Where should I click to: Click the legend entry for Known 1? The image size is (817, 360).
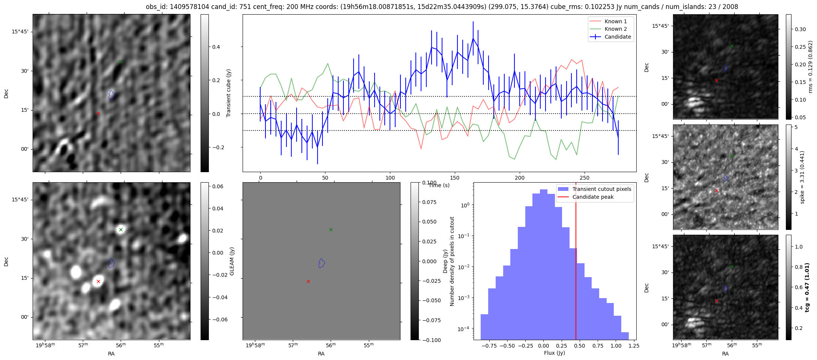[x=615, y=21]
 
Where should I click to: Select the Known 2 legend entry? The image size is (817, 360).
[x=615, y=29]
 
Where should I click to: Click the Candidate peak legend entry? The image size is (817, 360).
[x=593, y=197]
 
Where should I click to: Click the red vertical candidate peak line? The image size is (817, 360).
[x=576, y=262]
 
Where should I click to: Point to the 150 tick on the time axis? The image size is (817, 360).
[x=455, y=177]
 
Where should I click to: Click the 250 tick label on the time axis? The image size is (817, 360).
[x=585, y=177]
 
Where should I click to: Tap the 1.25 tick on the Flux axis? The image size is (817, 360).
[x=633, y=346]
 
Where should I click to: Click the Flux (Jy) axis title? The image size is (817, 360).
[x=554, y=353]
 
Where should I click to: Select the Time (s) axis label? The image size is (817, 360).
[x=439, y=185]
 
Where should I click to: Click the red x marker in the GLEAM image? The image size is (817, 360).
[x=98, y=281]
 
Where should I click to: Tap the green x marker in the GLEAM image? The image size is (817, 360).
[x=121, y=229]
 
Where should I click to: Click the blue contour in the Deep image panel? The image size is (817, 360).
[x=321, y=263]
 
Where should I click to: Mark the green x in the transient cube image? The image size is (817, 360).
[x=121, y=61]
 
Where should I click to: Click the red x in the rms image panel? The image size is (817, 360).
[x=717, y=80]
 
